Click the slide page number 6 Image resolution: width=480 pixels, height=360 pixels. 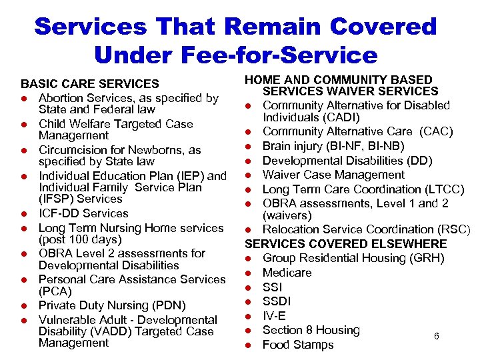tap(436, 337)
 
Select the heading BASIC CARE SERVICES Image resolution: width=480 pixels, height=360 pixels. tap(90, 84)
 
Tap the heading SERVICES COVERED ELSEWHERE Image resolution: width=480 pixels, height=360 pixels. tap(345, 243)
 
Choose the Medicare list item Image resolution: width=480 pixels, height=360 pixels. tap(287, 273)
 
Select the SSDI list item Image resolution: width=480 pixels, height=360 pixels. tap(279, 301)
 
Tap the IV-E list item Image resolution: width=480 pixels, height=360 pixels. tap(274, 316)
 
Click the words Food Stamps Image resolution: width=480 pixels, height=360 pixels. tap(298, 345)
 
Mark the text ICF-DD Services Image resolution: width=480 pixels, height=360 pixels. tap(83, 213)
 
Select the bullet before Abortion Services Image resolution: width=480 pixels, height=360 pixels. tap(25, 99)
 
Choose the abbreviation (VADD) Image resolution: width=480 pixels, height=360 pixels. tap(108, 331)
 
